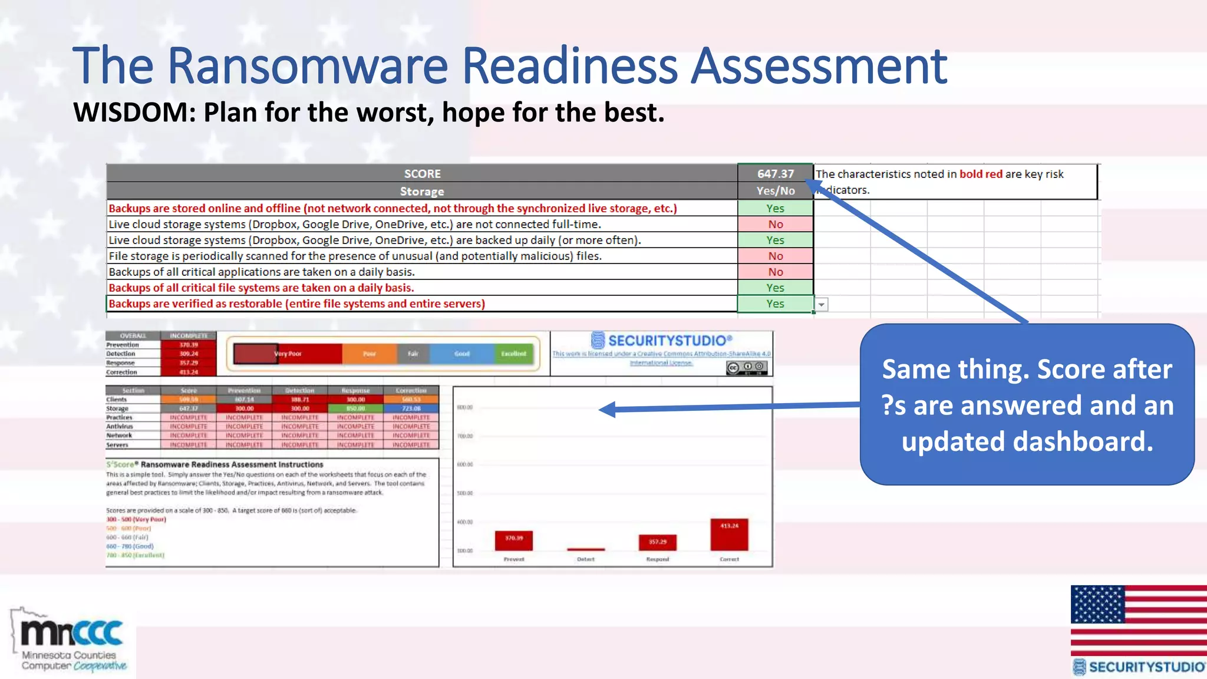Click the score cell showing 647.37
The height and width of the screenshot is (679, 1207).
point(775,173)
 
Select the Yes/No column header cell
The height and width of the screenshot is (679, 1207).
point(775,190)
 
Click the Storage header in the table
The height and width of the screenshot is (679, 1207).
point(421,191)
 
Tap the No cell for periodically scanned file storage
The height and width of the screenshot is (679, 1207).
point(775,256)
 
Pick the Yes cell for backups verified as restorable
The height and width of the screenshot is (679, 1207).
point(775,304)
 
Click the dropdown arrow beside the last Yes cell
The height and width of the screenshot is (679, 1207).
point(821,305)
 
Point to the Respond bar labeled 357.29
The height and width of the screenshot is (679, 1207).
point(657,542)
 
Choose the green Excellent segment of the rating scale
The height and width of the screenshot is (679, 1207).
point(513,354)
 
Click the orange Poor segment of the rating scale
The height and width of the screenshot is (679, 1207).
point(369,354)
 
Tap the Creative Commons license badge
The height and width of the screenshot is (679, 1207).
point(747,367)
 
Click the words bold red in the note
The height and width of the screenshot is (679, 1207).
point(981,174)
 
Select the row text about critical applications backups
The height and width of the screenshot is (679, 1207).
point(262,272)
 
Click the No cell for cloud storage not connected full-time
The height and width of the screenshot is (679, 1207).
point(775,224)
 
